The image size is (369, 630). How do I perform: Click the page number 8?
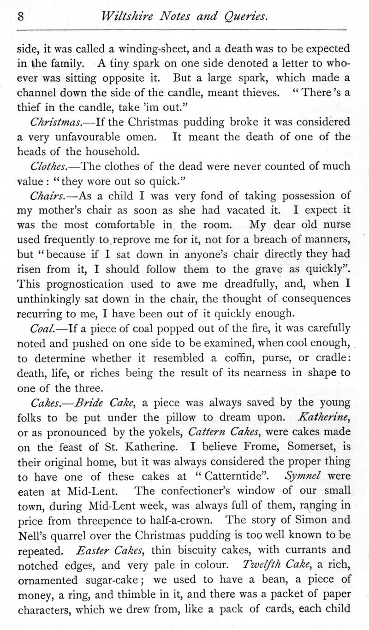pos(21,17)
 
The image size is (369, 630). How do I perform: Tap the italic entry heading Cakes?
pos(46,403)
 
